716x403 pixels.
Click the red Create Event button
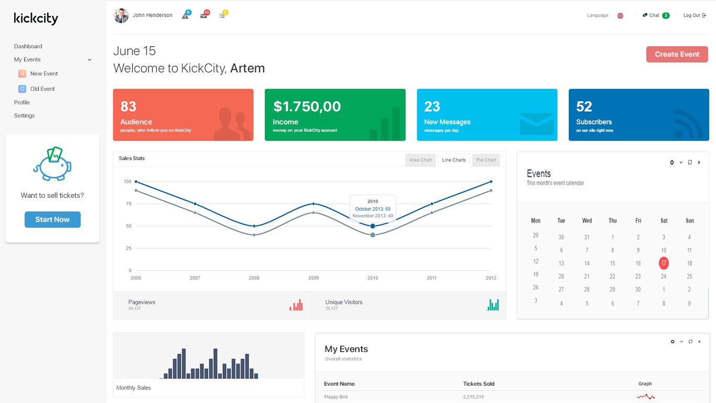tap(677, 54)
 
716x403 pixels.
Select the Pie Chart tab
tap(486, 160)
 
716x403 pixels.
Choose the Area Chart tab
tap(420, 160)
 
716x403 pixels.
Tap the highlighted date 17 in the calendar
tap(664, 263)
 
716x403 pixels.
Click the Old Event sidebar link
tap(42, 89)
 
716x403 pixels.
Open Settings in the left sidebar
tap(24, 115)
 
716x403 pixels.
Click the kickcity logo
tap(36, 18)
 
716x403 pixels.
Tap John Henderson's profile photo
tap(121, 15)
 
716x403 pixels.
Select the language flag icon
tap(620, 16)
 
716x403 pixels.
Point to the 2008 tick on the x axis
tap(254, 278)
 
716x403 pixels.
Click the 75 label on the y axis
tap(128, 204)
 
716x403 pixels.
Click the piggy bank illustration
tap(52, 164)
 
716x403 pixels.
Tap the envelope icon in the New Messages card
tap(536, 123)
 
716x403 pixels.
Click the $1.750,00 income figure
tap(307, 107)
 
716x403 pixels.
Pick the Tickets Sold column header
tap(479, 384)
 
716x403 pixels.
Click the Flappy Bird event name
tap(335, 397)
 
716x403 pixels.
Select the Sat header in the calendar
tap(664, 220)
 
